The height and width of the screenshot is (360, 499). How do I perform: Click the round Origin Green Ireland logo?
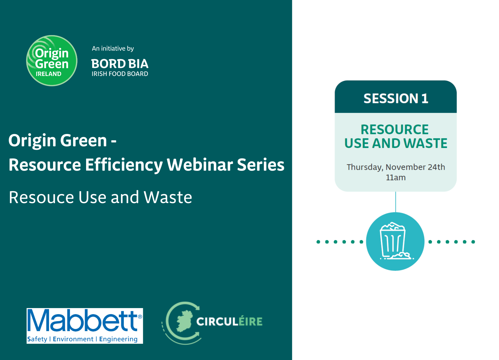point(52,61)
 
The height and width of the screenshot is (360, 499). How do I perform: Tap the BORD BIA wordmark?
point(120,64)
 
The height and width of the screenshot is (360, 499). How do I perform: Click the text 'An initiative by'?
point(113,48)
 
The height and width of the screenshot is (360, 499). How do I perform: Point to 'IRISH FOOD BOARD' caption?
point(120,74)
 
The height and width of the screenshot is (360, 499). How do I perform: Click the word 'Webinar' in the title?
point(200,165)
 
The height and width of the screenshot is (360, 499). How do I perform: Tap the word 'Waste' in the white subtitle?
point(168,198)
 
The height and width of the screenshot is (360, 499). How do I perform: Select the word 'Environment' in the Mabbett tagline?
point(73,339)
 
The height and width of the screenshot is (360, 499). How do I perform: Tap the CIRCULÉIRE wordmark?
point(229,321)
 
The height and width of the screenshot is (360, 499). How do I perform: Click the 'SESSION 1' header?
point(395,98)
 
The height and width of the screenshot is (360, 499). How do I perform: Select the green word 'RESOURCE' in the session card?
point(395,129)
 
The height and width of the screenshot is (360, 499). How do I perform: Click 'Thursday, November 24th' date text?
point(395,167)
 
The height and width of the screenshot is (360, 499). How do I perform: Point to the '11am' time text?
point(395,178)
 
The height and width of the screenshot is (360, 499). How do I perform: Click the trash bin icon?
point(395,241)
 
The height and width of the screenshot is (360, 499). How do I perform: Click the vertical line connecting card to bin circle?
point(395,202)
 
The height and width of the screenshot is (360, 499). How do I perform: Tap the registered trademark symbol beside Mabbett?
point(140,316)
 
